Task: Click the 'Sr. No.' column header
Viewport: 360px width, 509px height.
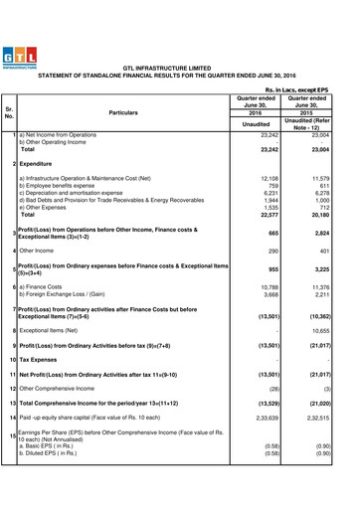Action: [x=9, y=113]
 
